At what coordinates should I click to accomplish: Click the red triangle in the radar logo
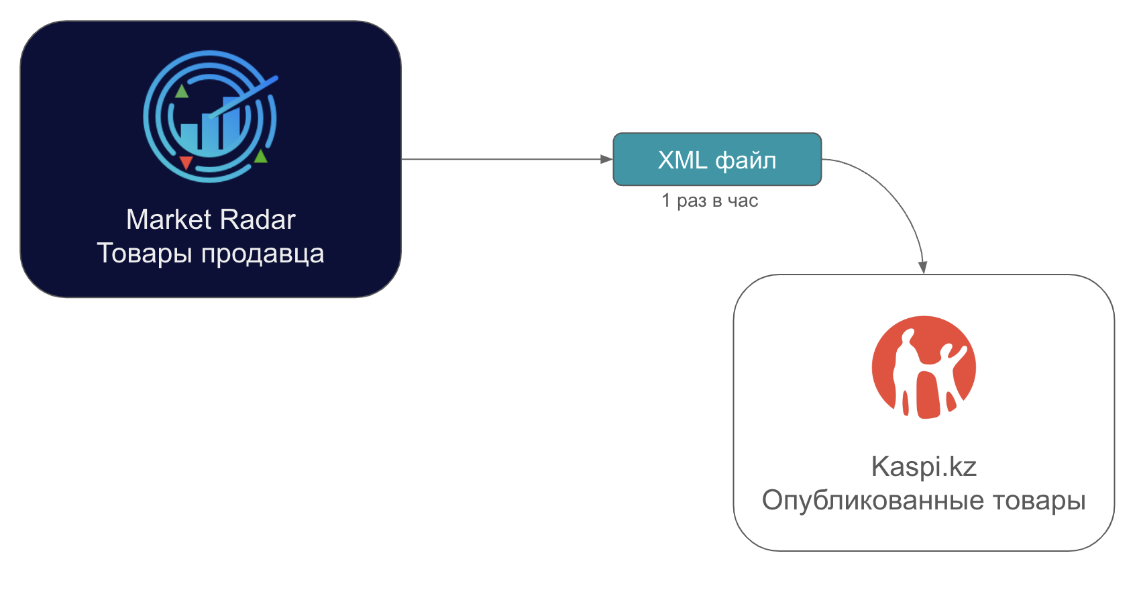click(186, 162)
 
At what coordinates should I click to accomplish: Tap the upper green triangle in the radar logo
click(182, 91)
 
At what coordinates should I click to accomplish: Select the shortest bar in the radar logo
click(189, 136)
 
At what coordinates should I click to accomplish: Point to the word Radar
click(258, 219)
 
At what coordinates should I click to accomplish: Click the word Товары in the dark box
click(145, 254)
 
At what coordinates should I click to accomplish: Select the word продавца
click(263, 254)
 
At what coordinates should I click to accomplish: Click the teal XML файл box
click(717, 159)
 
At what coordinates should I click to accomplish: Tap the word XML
click(682, 160)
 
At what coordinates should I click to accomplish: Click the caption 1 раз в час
click(710, 201)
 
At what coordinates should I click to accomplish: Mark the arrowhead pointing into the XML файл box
click(606, 159)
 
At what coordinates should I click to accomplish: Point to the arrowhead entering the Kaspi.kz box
click(923, 267)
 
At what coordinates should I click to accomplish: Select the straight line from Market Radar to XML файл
click(503, 159)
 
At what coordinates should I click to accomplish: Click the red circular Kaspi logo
click(924, 367)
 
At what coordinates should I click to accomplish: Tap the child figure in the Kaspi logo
click(951, 366)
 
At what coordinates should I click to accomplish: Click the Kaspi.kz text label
click(924, 466)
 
